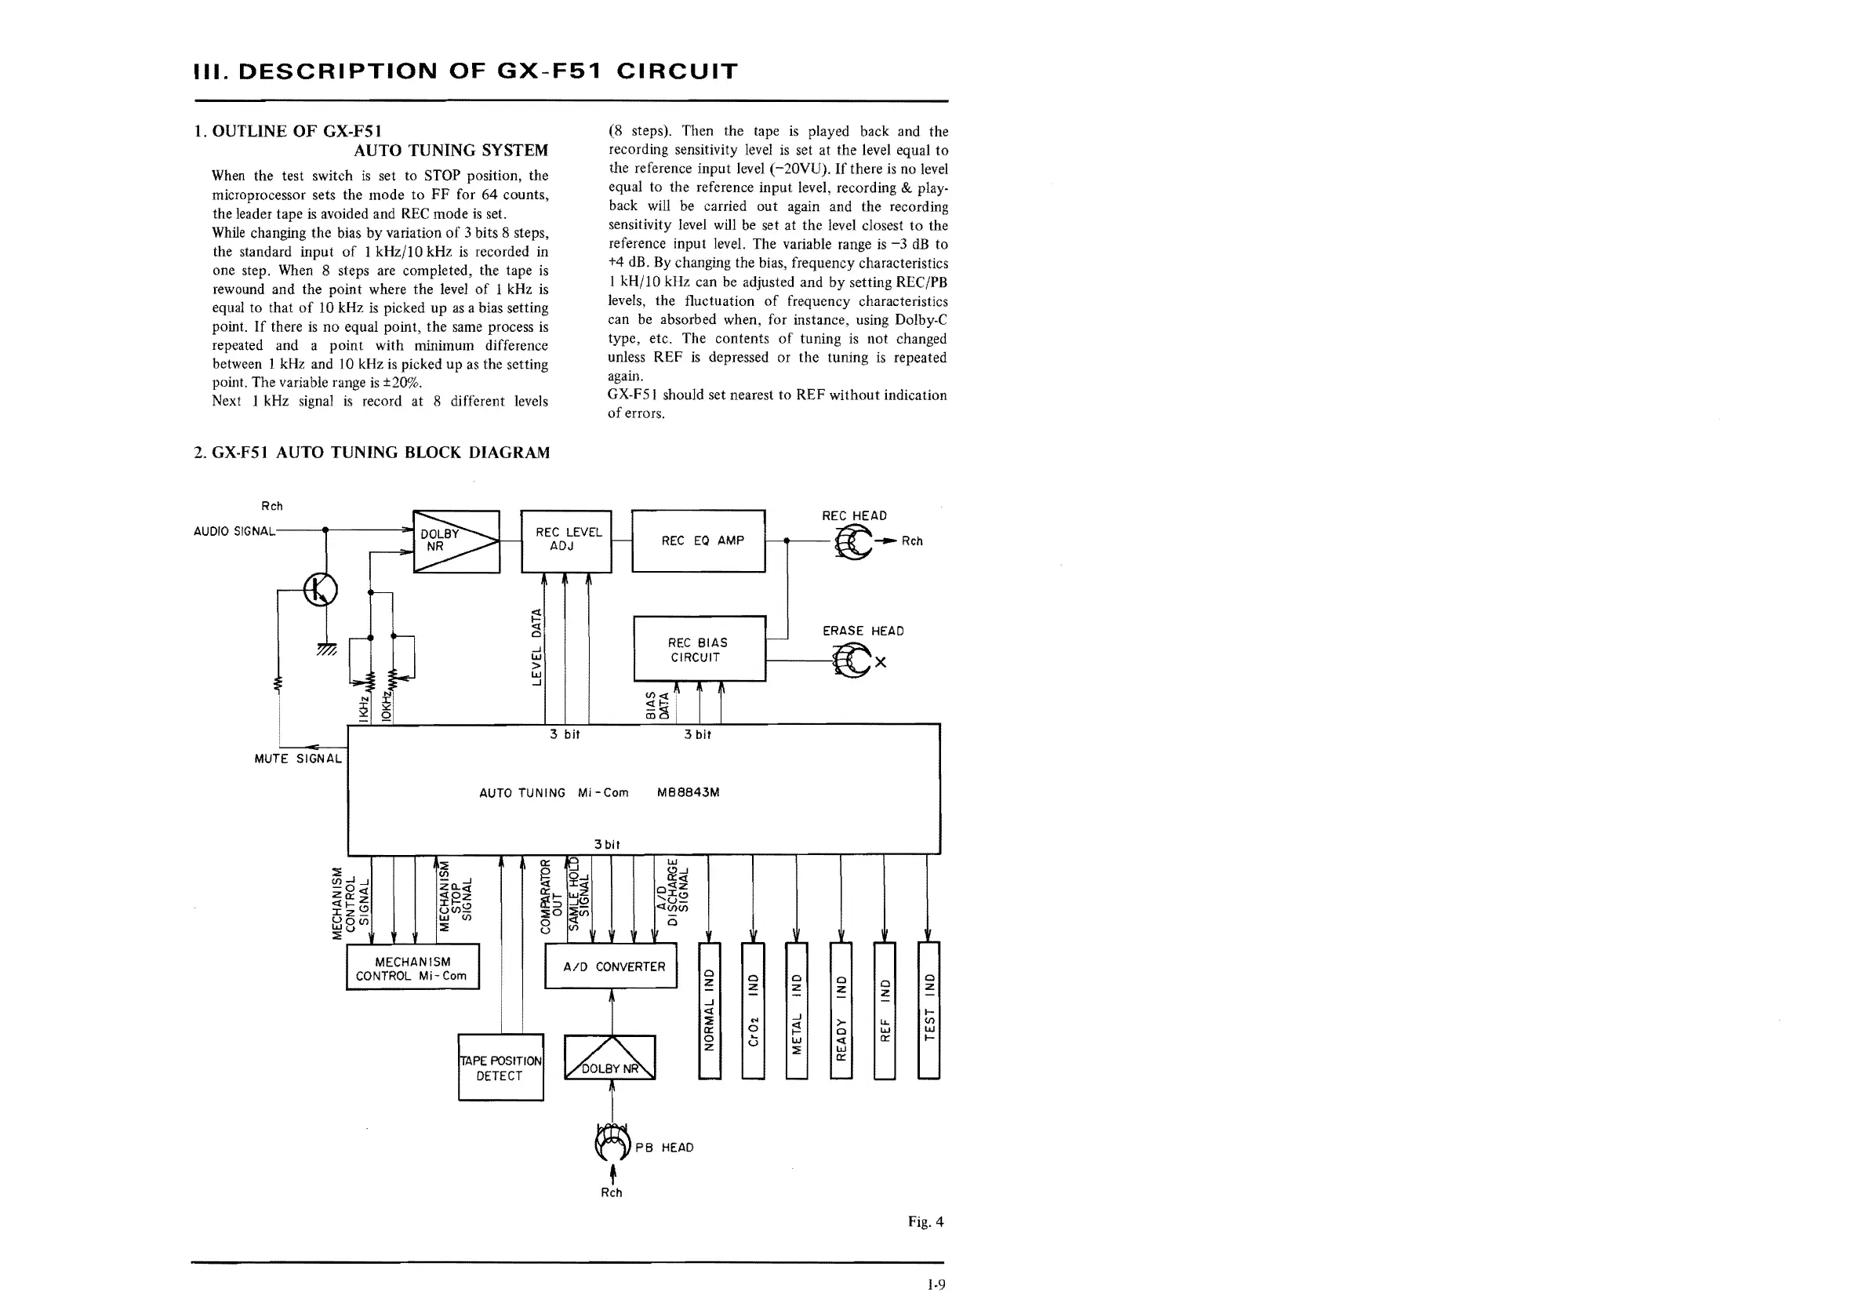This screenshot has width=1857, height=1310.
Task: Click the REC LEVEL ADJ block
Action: (565, 540)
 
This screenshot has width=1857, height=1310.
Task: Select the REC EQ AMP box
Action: (698, 540)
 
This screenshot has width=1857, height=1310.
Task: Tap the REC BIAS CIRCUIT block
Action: (699, 649)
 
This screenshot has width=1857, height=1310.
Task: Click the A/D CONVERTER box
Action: (611, 966)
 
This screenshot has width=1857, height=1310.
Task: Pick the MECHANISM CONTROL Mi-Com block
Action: (412, 967)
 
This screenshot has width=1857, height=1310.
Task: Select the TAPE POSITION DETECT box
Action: (500, 1068)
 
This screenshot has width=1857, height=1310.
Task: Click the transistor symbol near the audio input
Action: (320, 589)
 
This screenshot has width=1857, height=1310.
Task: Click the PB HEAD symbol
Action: (612, 1141)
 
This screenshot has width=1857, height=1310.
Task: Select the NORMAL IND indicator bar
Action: (710, 1010)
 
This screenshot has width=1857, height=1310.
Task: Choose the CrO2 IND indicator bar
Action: (753, 1010)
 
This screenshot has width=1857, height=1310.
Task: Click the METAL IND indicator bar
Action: (797, 1010)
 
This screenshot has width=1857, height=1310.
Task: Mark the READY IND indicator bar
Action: (841, 1010)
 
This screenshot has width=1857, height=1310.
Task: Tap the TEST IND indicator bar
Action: (929, 1010)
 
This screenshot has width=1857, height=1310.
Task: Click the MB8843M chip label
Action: (689, 793)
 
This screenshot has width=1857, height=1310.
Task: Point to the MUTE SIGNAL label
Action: (298, 759)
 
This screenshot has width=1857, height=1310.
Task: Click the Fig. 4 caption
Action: (925, 1222)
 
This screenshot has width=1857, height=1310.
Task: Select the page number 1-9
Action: (936, 1284)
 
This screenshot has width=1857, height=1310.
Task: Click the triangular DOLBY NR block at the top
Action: (456, 541)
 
